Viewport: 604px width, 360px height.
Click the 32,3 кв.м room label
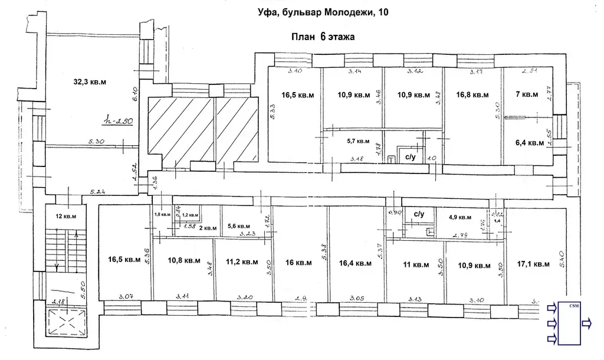pos(90,81)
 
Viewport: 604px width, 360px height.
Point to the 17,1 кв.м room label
pos(533,265)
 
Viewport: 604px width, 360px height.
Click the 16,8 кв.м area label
pos(472,94)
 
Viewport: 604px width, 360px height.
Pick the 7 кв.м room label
pos(527,94)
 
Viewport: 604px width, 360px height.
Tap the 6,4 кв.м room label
pos(528,142)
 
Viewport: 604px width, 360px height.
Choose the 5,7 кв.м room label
pos(357,141)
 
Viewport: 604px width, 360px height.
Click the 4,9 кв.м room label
pos(459,217)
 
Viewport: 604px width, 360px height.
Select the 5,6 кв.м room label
pos(238,226)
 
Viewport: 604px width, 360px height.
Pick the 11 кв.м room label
pos(416,266)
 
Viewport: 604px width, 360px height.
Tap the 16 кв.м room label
pos(298,264)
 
